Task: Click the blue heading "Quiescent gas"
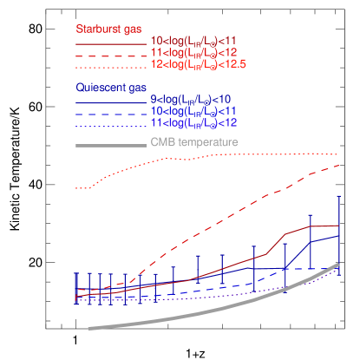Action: pyautogui.click(x=112, y=88)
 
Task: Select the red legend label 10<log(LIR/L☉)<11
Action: pyautogui.click(x=193, y=41)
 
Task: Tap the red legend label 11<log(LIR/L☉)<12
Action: pyautogui.click(x=193, y=53)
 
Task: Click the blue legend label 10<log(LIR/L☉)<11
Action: pyautogui.click(x=193, y=112)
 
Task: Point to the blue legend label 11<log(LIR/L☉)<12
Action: pyautogui.click(x=193, y=124)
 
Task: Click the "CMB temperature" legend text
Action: pyautogui.click(x=194, y=142)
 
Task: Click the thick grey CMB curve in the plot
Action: pyautogui.click(x=217, y=310)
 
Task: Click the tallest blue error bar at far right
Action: pyautogui.click(x=338, y=234)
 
